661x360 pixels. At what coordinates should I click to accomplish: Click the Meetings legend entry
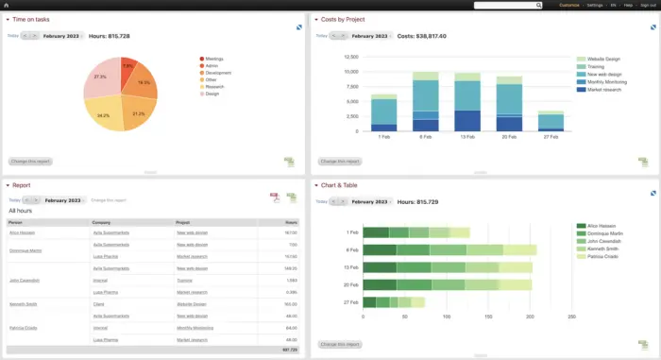tap(213, 59)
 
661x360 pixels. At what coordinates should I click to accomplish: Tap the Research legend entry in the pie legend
tap(213, 86)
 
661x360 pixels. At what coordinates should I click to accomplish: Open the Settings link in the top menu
tap(595, 5)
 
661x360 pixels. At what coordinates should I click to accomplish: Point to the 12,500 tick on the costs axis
tap(350, 56)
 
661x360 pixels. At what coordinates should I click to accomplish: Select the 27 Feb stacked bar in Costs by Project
tap(551, 121)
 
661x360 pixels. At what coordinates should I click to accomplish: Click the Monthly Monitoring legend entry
tap(608, 82)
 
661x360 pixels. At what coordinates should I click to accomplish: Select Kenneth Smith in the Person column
tap(23, 304)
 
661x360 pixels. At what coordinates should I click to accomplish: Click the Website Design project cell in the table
tap(192, 304)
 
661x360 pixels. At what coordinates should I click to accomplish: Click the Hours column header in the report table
tap(290, 223)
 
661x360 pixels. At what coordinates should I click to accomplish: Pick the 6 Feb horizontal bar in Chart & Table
tap(449, 249)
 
